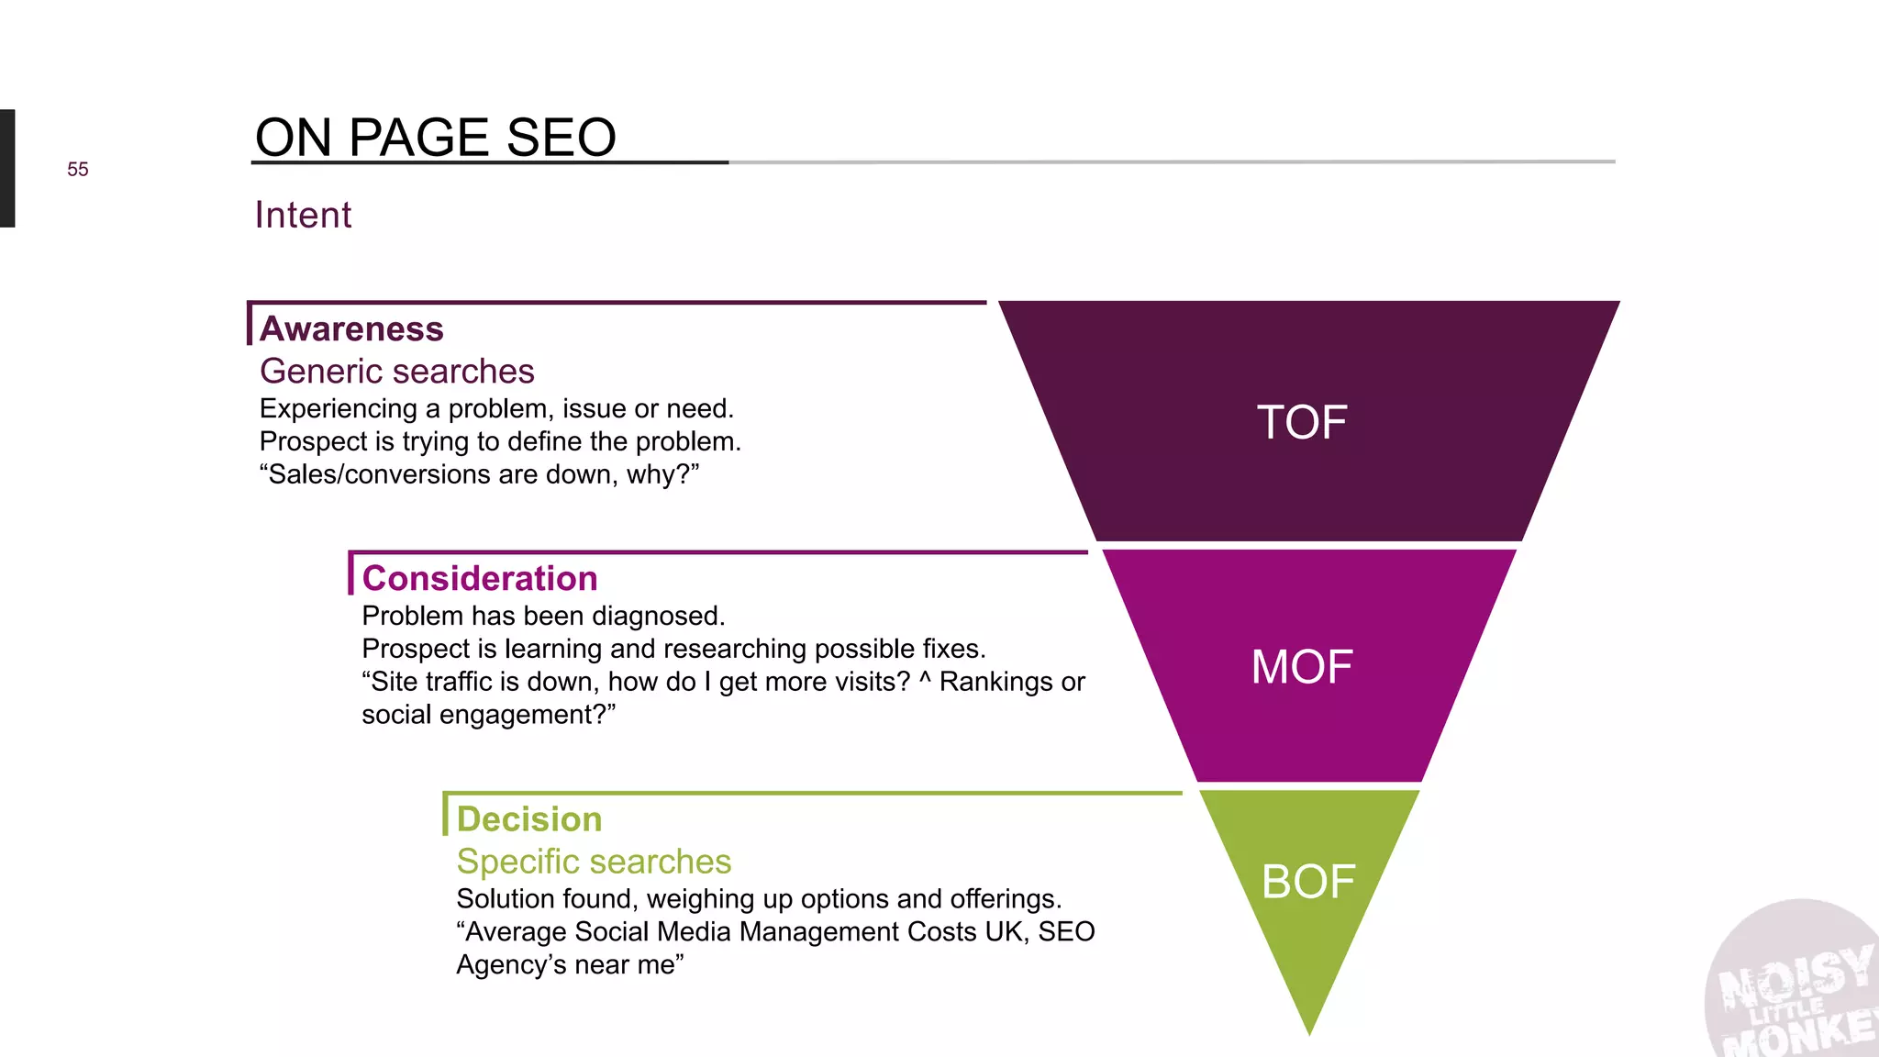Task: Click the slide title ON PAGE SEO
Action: click(435, 138)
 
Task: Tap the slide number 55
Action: click(78, 170)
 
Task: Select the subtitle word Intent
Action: click(303, 216)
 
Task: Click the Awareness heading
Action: click(351, 328)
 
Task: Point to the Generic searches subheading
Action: click(396, 372)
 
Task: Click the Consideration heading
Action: click(480, 579)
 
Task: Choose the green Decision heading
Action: click(529, 819)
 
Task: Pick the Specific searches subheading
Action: click(594, 862)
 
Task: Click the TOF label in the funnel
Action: click(1301, 423)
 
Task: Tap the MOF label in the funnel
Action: click(1302, 667)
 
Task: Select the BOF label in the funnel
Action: click(1307, 882)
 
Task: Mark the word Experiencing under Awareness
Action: click(338, 409)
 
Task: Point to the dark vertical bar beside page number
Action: click(7, 168)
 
